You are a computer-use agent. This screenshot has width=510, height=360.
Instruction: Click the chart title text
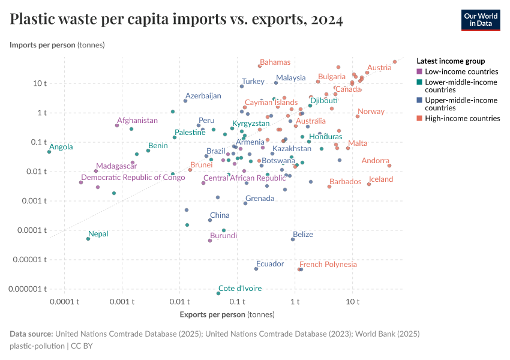[176, 19]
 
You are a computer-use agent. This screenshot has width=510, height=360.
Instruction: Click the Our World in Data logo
[480, 19]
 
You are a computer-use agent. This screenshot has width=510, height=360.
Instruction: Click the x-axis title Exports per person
[227, 314]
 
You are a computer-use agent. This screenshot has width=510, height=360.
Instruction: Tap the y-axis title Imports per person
[57, 45]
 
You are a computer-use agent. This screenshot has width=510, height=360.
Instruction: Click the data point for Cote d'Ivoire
[218, 293]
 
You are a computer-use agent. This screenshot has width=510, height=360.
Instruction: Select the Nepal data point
[88, 239]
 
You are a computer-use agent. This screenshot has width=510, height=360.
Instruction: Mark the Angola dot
[49, 152]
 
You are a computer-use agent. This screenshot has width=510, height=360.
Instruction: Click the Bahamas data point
[260, 66]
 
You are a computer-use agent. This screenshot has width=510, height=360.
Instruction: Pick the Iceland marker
[369, 184]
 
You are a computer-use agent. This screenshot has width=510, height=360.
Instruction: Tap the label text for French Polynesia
[328, 265]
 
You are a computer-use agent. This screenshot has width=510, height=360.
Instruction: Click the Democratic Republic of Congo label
[133, 178]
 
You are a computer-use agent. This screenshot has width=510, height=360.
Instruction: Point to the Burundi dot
[210, 241]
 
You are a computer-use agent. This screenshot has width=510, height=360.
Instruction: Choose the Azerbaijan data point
[185, 101]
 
